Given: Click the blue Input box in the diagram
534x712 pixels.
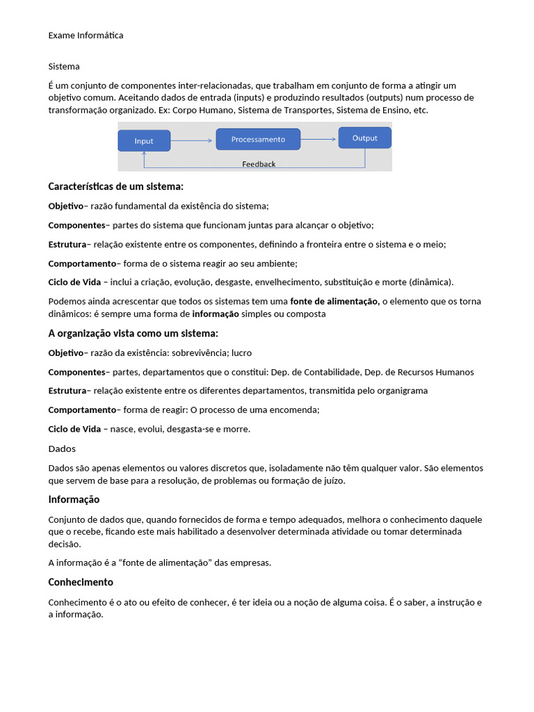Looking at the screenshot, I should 144,140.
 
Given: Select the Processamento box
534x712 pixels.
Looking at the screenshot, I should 258,139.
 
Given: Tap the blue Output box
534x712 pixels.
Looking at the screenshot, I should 364,138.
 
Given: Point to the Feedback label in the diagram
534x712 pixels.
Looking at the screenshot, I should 259,164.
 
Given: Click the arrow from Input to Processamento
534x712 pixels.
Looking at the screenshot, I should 191,140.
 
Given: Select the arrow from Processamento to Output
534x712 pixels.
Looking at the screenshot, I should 318,139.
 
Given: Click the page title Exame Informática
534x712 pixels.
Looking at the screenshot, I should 86,35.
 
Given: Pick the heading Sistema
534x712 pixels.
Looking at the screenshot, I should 64,67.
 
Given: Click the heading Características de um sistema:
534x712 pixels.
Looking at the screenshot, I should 115,186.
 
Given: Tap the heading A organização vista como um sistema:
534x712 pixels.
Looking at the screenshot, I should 133,333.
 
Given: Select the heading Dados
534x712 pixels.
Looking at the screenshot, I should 62,448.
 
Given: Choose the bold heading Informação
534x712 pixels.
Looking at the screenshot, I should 74,499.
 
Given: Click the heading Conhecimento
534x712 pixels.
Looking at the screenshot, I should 81,582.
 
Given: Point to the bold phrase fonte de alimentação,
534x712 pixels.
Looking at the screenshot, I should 334,302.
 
